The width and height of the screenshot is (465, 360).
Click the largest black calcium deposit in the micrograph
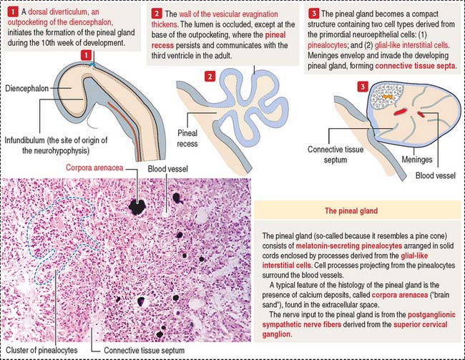tap(136, 206)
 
